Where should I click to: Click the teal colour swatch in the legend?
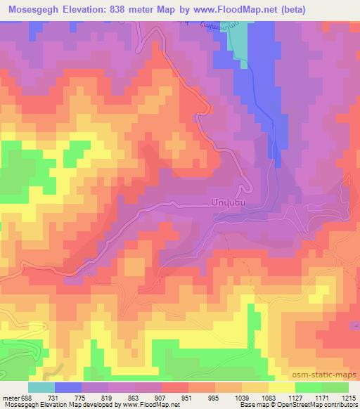coord(41,387)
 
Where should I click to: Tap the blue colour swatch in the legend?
coord(67,387)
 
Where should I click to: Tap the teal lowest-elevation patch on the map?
coord(240,46)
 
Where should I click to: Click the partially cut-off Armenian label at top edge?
coord(211,25)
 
